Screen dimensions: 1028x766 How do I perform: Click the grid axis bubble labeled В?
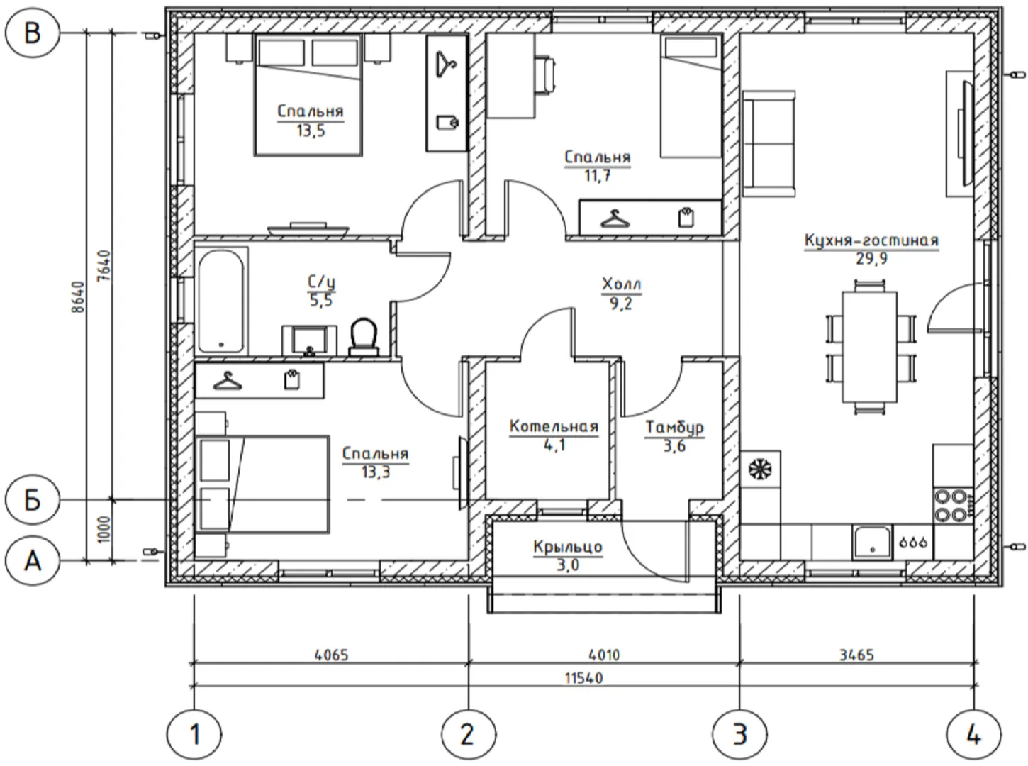(32, 34)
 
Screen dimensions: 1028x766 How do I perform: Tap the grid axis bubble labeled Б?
(32, 501)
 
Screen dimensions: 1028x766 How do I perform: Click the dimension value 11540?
(583, 678)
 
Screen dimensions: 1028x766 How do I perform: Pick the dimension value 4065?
(331, 655)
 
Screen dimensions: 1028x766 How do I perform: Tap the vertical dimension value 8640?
(79, 296)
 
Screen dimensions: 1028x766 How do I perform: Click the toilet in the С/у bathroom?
(364, 337)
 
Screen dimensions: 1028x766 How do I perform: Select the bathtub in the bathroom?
(220, 301)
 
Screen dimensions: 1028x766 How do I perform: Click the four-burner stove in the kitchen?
(953, 506)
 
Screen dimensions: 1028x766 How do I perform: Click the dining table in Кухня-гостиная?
(869, 347)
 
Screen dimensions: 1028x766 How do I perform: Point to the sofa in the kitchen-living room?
(769, 144)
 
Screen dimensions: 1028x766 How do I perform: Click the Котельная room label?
(554, 426)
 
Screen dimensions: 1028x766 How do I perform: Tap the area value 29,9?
(871, 259)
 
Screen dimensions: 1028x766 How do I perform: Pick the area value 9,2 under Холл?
(620, 304)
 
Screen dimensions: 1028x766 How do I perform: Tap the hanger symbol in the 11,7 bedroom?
(615, 219)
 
